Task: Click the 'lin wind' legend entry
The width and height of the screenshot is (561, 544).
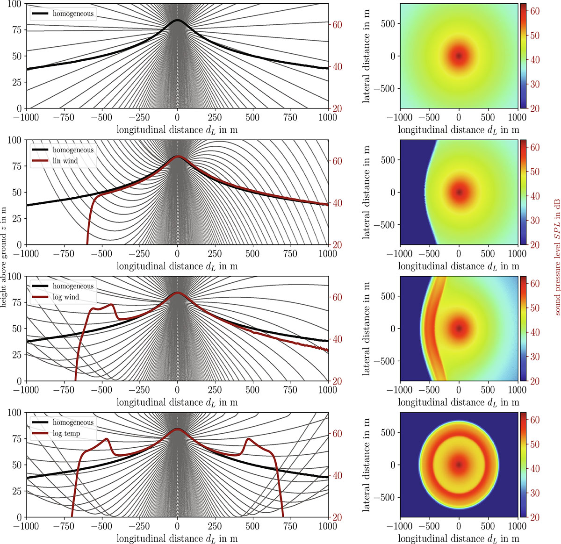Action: (65, 161)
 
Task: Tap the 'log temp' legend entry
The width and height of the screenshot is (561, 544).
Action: (66, 434)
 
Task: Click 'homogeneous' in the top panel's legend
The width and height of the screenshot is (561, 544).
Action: (72, 14)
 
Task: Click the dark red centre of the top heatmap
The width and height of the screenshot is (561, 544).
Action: (459, 56)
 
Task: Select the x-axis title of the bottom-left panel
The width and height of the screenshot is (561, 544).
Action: (177, 538)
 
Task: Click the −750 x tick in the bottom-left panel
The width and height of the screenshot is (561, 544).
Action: (64, 526)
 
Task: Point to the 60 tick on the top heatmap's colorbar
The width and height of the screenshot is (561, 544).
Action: (535, 11)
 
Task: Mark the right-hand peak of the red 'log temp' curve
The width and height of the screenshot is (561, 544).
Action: (247, 439)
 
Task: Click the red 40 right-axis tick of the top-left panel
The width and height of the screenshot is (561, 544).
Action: (338, 67)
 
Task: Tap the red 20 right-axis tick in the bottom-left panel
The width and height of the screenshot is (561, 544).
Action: (338, 517)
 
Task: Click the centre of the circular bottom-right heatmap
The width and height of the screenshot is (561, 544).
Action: (459, 465)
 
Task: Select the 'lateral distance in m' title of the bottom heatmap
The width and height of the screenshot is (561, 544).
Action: (367, 465)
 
